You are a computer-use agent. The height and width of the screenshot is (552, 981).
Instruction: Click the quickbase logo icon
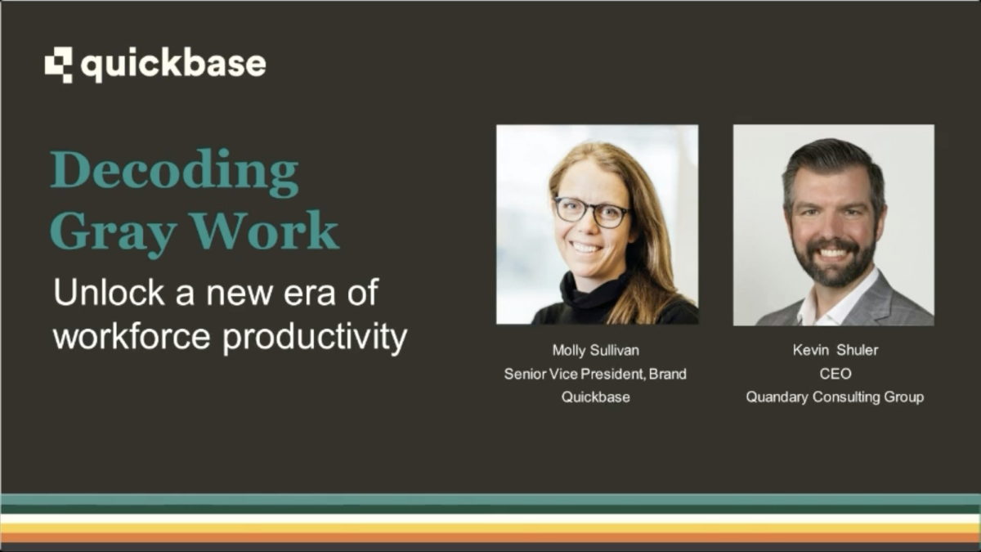(58, 65)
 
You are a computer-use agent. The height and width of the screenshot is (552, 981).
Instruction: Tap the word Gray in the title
(114, 233)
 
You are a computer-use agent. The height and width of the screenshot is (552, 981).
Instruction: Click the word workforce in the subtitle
(133, 336)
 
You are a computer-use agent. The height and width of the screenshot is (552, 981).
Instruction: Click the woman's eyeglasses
(592, 211)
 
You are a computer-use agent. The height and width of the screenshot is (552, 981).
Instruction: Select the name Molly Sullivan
(595, 351)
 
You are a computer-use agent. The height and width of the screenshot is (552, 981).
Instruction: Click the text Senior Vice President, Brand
(595, 374)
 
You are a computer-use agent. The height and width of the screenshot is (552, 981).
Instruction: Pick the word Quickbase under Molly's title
(595, 397)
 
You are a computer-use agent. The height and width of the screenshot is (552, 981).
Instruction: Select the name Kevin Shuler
(834, 351)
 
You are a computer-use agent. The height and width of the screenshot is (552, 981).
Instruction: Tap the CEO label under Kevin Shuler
(834, 374)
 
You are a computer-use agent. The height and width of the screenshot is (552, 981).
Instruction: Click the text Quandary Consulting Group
(834, 397)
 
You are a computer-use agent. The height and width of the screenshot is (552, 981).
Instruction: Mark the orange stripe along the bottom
(490, 537)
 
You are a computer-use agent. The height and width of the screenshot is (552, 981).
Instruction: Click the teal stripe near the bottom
(490, 499)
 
